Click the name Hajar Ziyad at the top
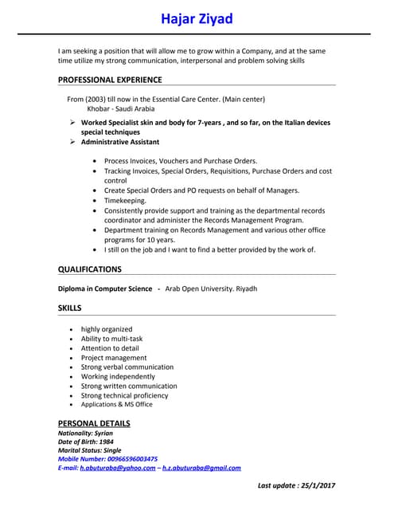(197, 18)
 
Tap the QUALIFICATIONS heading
(90, 269)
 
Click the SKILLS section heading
(69, 308)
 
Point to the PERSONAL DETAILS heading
(94, 423)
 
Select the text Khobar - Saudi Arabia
(121, 108)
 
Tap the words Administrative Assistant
(120, 142)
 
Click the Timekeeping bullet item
(125, 201)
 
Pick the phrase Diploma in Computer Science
(105, 288)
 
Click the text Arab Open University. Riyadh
(211, 288)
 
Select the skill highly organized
(107, 329)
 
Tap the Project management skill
(114, 358)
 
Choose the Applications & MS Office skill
(117, 405)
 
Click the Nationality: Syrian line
(86, 433)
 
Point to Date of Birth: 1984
(86, 441)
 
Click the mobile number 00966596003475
(130, 459)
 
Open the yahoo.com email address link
(118, 469)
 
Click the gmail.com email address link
(201, 469)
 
